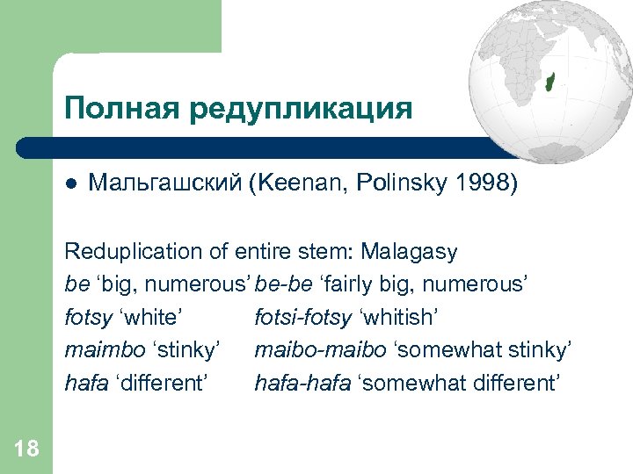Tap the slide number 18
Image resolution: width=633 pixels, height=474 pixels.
[26, 449]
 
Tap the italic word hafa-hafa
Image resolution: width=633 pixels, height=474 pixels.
[297, 384]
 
